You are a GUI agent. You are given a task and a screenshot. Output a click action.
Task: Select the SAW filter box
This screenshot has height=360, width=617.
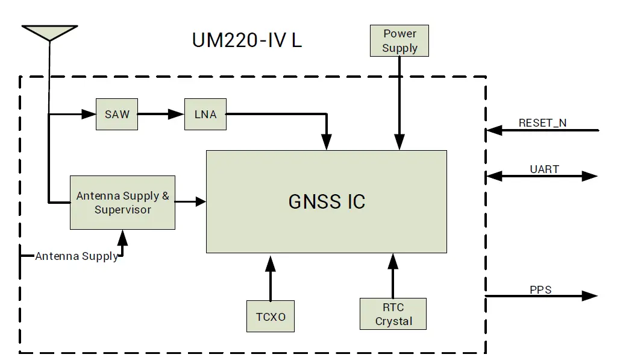(x=117, y=114)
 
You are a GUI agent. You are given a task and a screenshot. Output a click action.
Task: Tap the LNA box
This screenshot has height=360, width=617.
(x=205, y=114)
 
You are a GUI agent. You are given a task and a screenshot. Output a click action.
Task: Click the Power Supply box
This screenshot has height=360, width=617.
(x=399, y=41)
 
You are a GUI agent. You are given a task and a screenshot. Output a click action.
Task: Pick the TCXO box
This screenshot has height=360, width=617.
(x=271, y=316)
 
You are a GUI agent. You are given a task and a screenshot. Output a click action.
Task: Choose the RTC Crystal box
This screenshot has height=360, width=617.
(x=393, y=314)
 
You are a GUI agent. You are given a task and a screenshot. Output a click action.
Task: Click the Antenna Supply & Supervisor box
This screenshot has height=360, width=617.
(x=122, y=203)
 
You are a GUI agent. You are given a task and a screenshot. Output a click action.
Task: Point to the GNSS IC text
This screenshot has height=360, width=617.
(x=327, y=201)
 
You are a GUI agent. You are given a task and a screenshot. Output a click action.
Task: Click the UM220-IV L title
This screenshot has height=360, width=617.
(x=247, y=40)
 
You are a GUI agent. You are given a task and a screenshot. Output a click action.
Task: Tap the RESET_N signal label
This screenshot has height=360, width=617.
(x=542, y=123)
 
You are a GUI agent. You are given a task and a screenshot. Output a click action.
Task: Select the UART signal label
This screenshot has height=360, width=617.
(x=544, y=169)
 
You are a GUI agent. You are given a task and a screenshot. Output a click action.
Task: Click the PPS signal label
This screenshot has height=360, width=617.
(x=540, y=290)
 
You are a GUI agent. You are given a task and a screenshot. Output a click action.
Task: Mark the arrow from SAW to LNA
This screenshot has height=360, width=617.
(x=161, y=114)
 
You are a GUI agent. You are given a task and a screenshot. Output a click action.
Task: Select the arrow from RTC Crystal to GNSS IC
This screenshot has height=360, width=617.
(x=393, y=276)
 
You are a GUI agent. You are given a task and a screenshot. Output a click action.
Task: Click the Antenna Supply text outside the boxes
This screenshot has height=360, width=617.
(x=77, y=256)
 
